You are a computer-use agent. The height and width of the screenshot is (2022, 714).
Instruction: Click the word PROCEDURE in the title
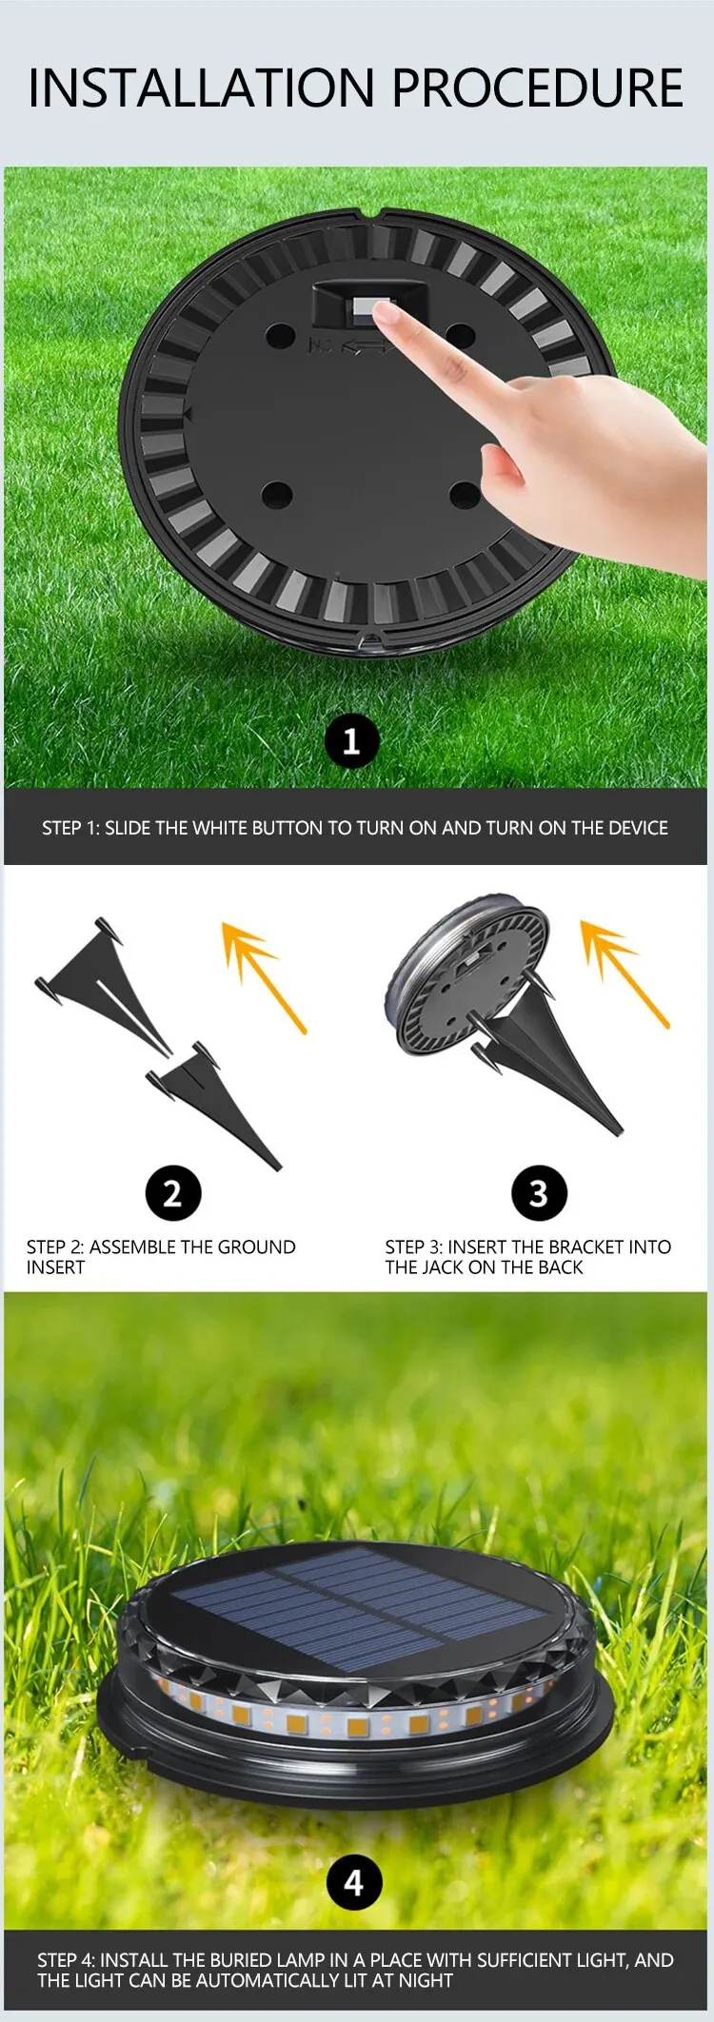click(x=538, y=88)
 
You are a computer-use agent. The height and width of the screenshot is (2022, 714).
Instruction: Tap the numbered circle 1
click(x=351, y=740)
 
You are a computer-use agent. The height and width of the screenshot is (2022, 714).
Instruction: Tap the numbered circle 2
click(x=172, y=1192)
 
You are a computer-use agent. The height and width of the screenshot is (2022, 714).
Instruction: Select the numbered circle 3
click(x=539, y=1192)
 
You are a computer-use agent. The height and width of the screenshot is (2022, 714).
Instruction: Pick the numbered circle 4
click(x=354, y=1881)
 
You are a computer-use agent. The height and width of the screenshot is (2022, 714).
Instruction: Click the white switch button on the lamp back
click(x=365, y=309)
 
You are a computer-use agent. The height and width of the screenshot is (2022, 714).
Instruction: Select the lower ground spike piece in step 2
click(x=213, y=1104)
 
